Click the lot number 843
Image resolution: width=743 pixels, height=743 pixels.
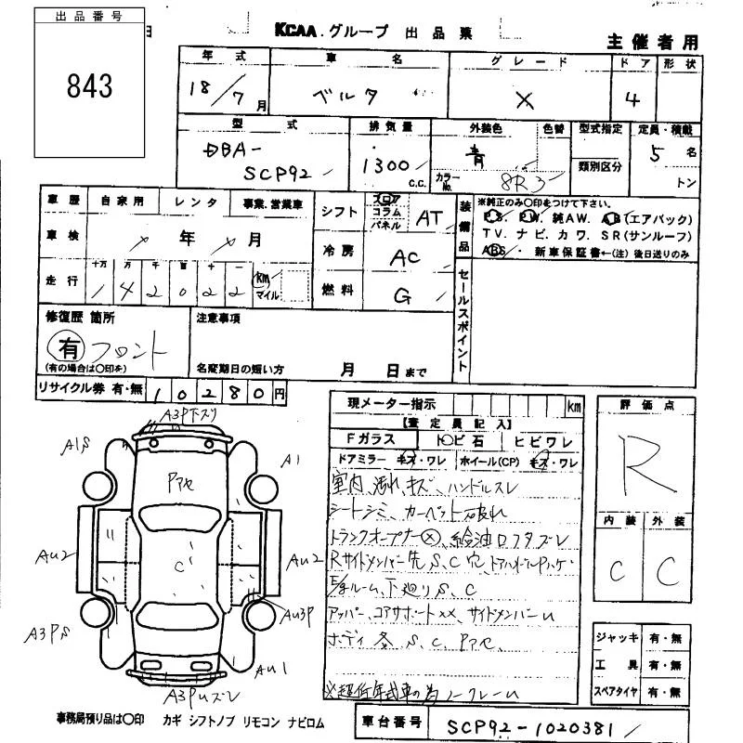pyautogui.click(x=89, y=86)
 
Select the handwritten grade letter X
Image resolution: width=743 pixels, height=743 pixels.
pyautogui.click(x=525, y=99)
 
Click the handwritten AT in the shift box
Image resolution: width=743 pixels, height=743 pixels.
pyautogui.click(x=427, y=218)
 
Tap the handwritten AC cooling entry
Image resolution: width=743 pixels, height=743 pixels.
pyautogui.click(x=405, y=259)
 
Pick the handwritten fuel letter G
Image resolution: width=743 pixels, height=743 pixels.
pyautogui.click(x=402, y=296)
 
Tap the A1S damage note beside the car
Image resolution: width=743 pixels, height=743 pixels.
pyautogui.click(x=75, y=448)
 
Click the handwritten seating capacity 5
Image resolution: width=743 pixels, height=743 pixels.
pyautogui.click(x=657, y=155)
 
